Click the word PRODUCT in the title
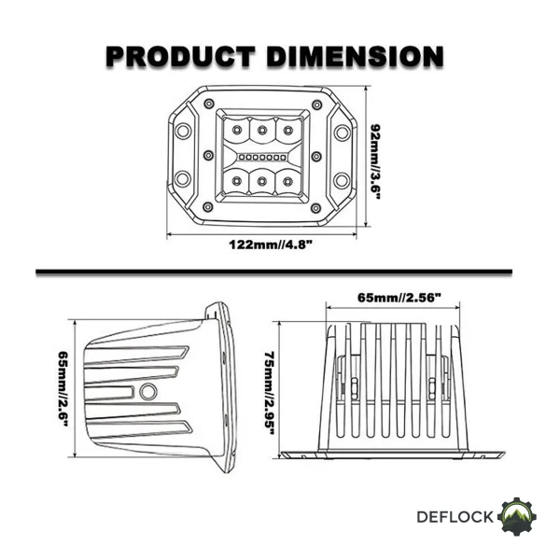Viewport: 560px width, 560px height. click(x=181, y=57)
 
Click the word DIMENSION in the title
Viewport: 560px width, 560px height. click(x=355, y=57)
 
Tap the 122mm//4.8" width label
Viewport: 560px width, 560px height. click(x=271, y=245)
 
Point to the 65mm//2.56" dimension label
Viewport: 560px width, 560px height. click(x=399, y=298)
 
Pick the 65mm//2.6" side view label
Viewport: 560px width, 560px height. click(x=63, y=388)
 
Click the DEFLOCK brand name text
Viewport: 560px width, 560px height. click(x=455, y=517)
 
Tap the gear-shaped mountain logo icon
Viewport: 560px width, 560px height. click(x=517, y=516)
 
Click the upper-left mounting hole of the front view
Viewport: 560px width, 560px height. click(x=183, y=131)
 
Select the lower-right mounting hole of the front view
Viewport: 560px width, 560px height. click(x=342, y=179)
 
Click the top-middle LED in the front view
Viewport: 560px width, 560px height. click(x=262, y=130)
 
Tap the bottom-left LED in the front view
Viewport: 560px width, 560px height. click(x=236, y=181)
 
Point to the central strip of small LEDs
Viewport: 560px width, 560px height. click(x=262, y=157)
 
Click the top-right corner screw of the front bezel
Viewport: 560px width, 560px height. click(x=316, y=105)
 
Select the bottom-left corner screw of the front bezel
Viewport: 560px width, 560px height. click(x=207, y=207)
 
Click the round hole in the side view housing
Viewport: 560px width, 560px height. click(x=147, y=392)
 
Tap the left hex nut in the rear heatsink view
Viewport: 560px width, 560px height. click(x=355, y=388)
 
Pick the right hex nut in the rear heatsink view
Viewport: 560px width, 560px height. click(x=432, y=388)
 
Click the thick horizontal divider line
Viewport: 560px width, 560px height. click(x=273, y=273)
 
